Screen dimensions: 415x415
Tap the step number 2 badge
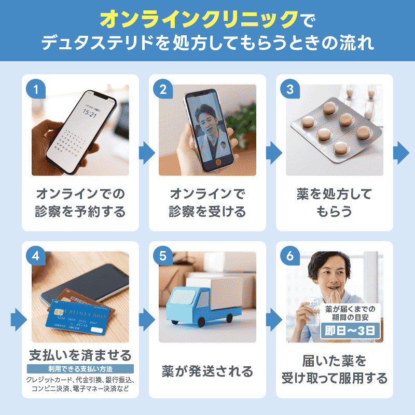click(163, 89)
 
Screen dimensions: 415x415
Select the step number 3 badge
click(290, 89)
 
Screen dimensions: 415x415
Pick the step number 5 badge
click(163, 256)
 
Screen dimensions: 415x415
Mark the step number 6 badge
click(290, 256)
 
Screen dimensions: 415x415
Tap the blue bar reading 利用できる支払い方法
click(80, 369)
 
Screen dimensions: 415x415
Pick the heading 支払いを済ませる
click(80, 355)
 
